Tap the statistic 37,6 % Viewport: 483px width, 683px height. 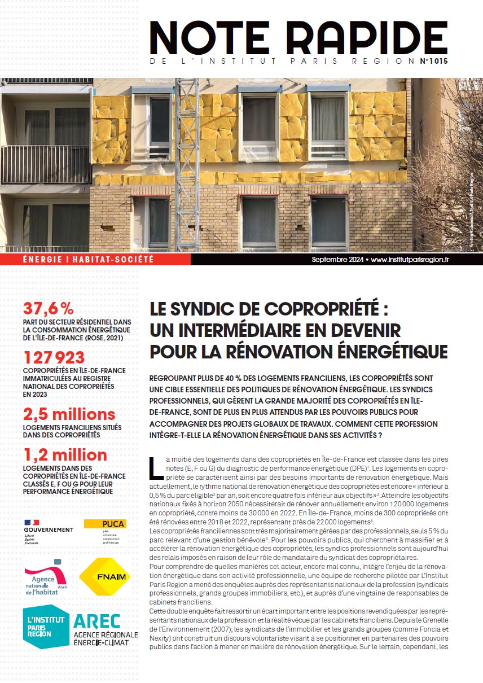49,308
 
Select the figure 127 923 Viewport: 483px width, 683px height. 54,357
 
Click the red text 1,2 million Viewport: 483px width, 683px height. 65,454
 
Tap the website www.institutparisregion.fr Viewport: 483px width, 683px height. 410,260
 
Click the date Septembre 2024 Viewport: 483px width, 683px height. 337,260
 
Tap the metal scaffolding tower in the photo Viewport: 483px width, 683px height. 187,164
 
